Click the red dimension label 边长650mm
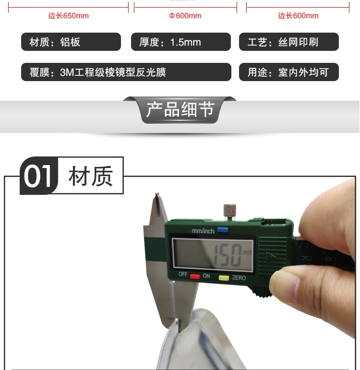click(69, 16)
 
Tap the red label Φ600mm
click(185, 16)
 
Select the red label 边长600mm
click(298, 16)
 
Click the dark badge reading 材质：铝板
click(71, 42)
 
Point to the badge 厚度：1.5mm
click(181, 42)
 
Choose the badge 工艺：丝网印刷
click(289, 42)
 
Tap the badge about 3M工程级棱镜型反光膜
click(126, 72)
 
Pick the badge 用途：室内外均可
click(289, 72)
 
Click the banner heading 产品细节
click(180, 109)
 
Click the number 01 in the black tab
click(37, 176)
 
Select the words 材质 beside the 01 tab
click(91, 176)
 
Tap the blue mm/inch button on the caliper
click(223, 230)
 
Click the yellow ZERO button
click(224, 278)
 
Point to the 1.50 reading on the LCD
click(228, 256)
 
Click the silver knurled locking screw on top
click(230, 212)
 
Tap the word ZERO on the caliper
click(239, 278)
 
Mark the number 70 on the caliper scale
click(307, 258)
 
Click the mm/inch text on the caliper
click(203, 231)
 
